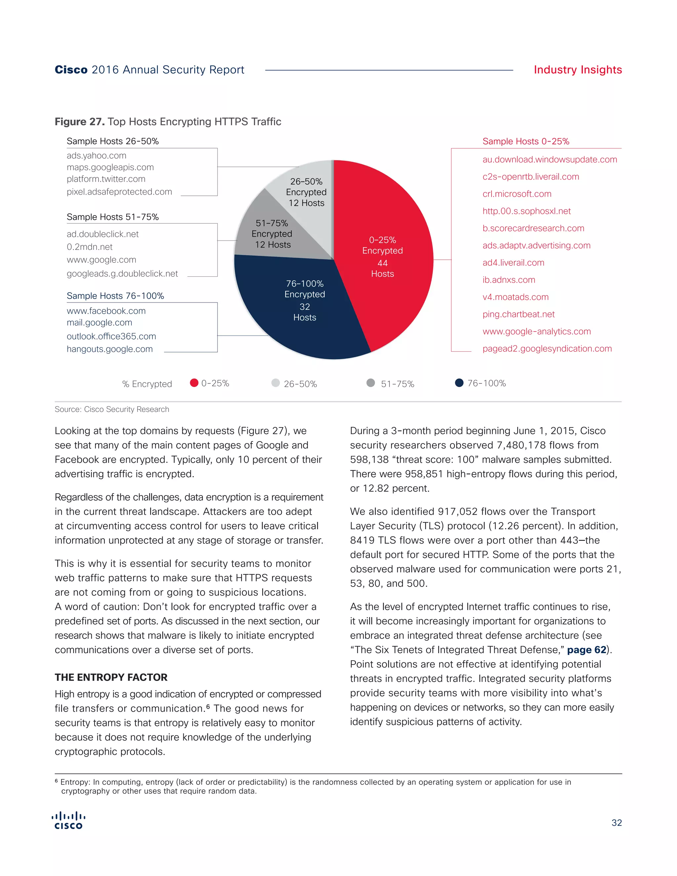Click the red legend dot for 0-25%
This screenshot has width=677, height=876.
tap(194, 383)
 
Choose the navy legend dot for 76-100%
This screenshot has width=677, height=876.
tap(459, 383)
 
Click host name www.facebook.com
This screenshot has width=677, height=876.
tap(106, 311)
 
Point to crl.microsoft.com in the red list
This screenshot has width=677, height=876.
tap(517, 194)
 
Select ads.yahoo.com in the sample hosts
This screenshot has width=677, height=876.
tap(96, 156)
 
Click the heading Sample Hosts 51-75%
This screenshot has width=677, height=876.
tap(113, 217)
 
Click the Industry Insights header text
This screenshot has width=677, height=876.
tap(577, 70)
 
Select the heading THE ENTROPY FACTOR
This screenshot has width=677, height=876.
tap(111, 677)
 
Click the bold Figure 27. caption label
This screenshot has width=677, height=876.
tap(79, 122)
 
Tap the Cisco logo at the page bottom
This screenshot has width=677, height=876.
tap(68, 821)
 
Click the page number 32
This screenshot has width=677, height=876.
tap(617, 823)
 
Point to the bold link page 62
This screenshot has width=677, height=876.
tap(586, 650)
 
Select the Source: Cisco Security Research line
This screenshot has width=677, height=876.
tap(112, 409)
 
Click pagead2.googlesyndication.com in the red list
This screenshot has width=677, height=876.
tap(547, 348)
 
